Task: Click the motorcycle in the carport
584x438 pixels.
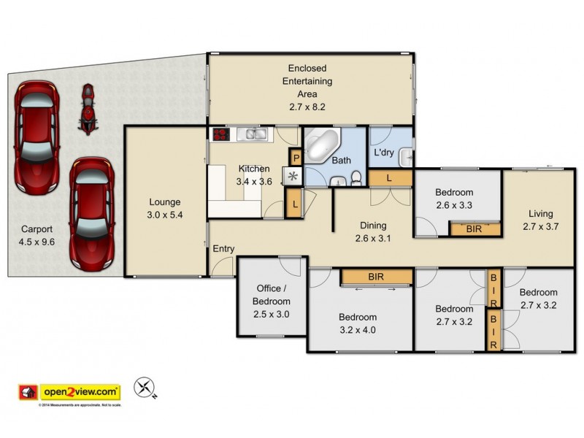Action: [x=88, y=109]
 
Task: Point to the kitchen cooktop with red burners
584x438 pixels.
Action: [x=221, y=134]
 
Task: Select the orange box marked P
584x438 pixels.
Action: [x=296, y=156]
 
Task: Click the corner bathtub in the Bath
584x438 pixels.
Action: [x=320, y=145]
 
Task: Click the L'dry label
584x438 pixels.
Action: [x=384, y=154]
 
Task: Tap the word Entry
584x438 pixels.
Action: [x=223, y=249]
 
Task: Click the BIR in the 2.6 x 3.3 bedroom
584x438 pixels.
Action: [x=474, y=228]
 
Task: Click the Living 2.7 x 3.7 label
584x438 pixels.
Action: [x=541, y=220]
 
